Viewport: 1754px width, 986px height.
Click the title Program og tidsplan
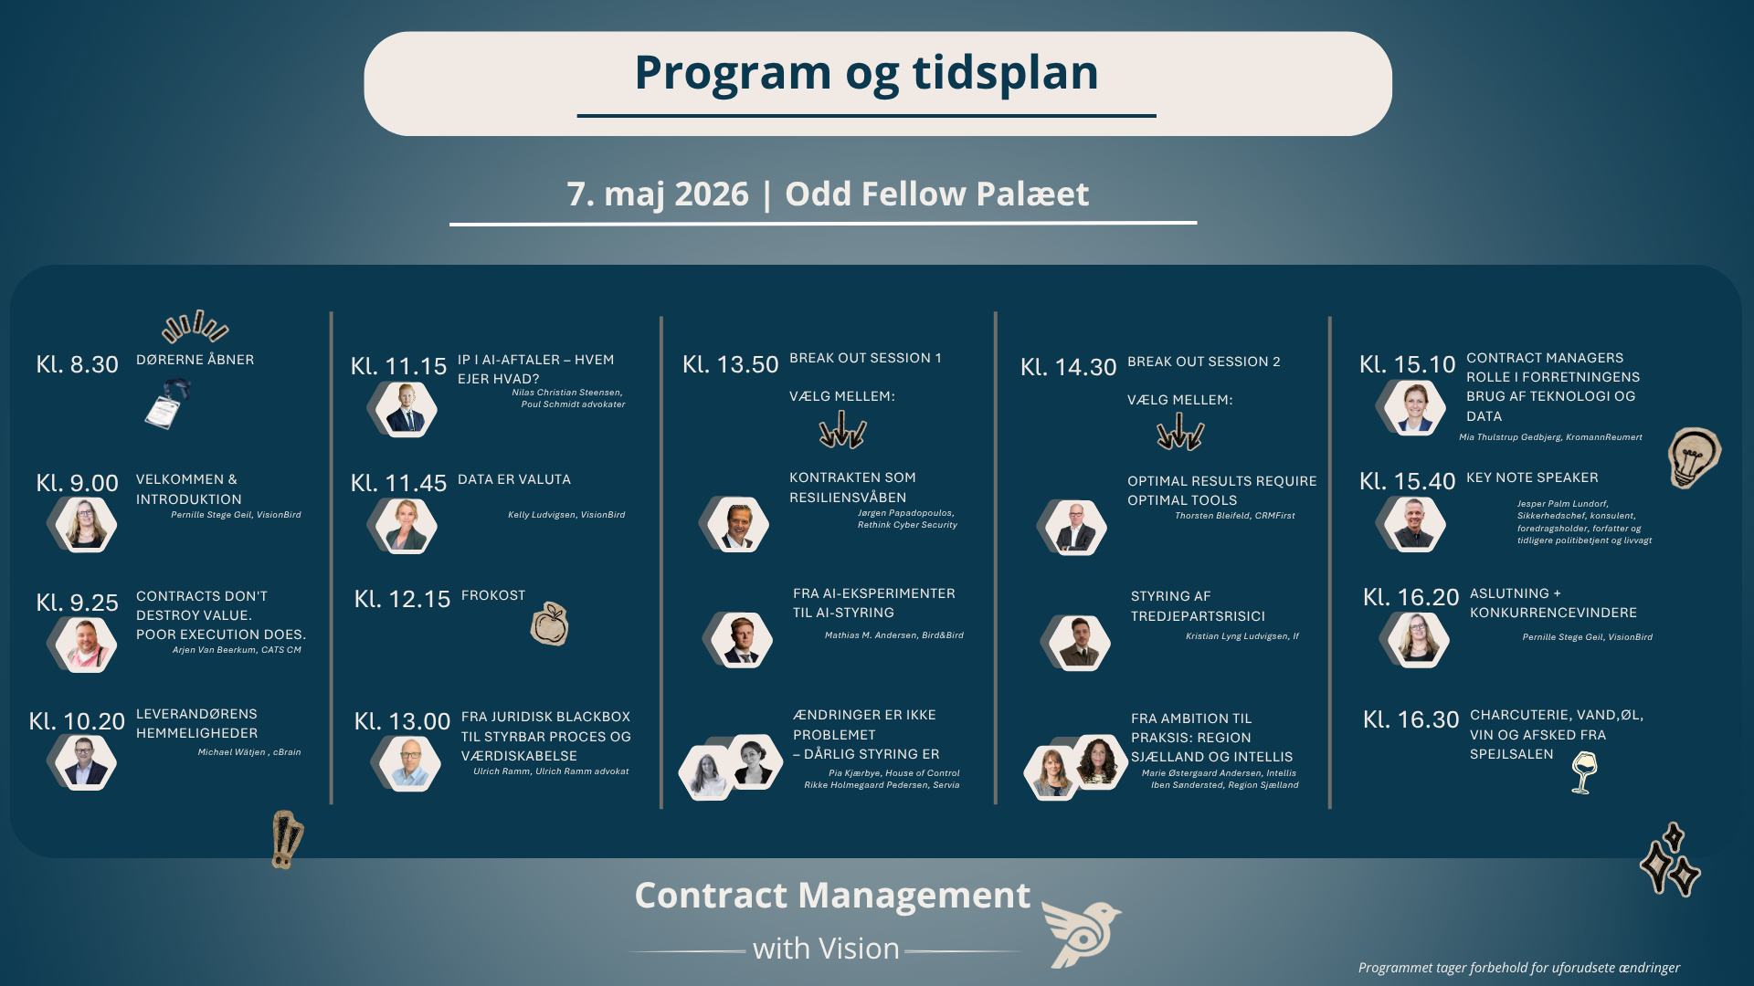[866, 73]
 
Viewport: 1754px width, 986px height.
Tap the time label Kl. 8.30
[77, 364]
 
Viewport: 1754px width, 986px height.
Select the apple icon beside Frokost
[550, 624]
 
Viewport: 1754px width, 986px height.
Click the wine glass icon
[1584, 772]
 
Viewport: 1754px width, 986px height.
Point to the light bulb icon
[1694, 456]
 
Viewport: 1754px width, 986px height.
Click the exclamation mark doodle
[287, 839]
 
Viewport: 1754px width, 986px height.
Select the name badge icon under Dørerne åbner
[167, 404]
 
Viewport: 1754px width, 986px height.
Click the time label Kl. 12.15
[402, 599]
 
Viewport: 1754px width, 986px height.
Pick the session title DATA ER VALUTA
[514, 479]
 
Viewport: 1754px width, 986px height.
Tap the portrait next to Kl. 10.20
[84, 761]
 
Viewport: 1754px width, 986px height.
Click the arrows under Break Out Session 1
[842, 429]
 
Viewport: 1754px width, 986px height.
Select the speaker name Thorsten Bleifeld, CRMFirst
[1235, 516]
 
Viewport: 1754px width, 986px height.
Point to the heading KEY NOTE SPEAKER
[1532, 477]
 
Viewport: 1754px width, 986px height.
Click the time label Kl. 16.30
[1411, 719]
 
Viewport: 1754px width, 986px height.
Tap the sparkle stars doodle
[1670, 860]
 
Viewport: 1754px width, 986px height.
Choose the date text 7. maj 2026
[658, 194]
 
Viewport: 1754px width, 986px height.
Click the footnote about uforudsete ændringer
[1518, 968]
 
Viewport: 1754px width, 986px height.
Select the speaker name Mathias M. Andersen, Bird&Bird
[893, 635]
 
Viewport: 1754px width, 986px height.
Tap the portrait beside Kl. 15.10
[1413, 406]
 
